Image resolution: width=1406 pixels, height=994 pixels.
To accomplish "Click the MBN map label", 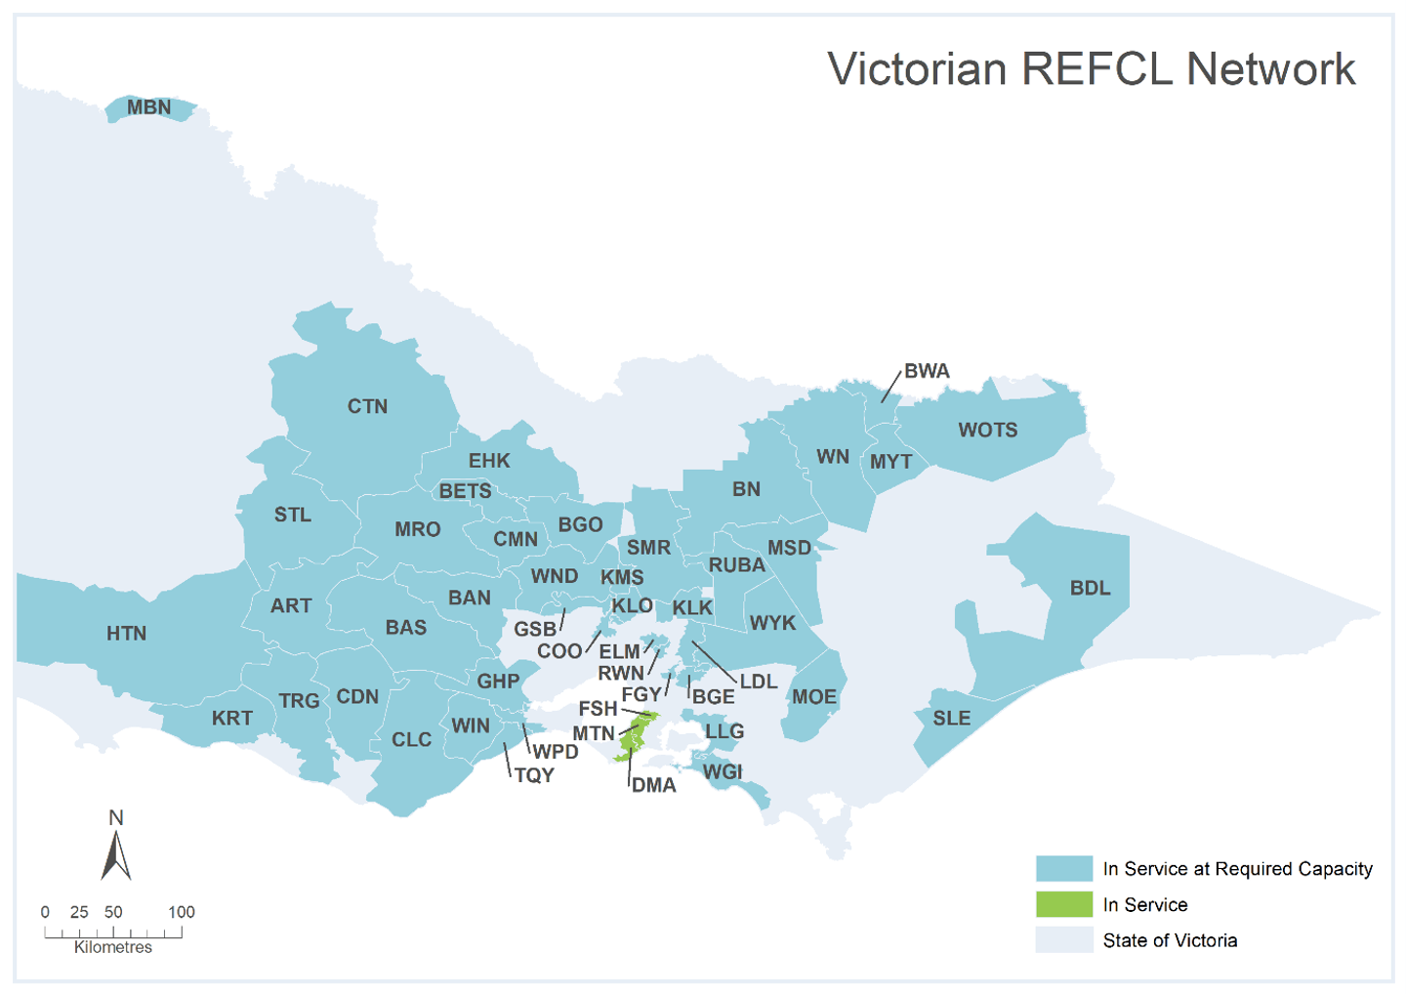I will coord(148,107).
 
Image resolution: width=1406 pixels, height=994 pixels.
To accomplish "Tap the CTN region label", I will coord(367,406).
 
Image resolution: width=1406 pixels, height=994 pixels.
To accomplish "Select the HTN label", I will coord(126,634).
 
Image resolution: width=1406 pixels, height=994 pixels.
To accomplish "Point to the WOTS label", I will coord(987,430).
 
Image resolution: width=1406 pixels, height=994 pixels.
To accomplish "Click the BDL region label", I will coord(1090,588).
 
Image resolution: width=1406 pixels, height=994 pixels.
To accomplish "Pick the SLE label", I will coord(951,719).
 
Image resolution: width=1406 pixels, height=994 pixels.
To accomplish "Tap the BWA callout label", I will coord(926,371).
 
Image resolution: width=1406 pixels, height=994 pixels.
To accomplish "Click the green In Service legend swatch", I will coord(1063,904).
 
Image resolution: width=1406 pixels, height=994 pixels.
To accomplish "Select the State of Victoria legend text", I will coord(1170,940).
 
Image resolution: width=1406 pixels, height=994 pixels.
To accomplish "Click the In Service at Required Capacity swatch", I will coord(1063,868).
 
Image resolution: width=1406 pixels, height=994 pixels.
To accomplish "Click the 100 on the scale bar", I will coord(182,912).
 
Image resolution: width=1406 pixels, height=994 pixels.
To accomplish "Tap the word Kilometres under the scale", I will coord(113,947).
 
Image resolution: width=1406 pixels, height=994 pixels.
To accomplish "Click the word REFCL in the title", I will coord(1097,69).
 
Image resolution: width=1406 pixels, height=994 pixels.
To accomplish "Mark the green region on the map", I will coord(635,738).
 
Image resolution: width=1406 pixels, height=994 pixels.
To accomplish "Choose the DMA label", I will coord(653,785).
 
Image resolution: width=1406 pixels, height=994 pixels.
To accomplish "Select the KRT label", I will coord(231,719).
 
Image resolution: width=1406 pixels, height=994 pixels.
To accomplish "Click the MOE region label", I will coord(813,697).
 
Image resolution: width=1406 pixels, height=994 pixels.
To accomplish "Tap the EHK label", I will coord(488,461).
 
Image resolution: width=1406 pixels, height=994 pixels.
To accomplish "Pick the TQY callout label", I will coord(534,775).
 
